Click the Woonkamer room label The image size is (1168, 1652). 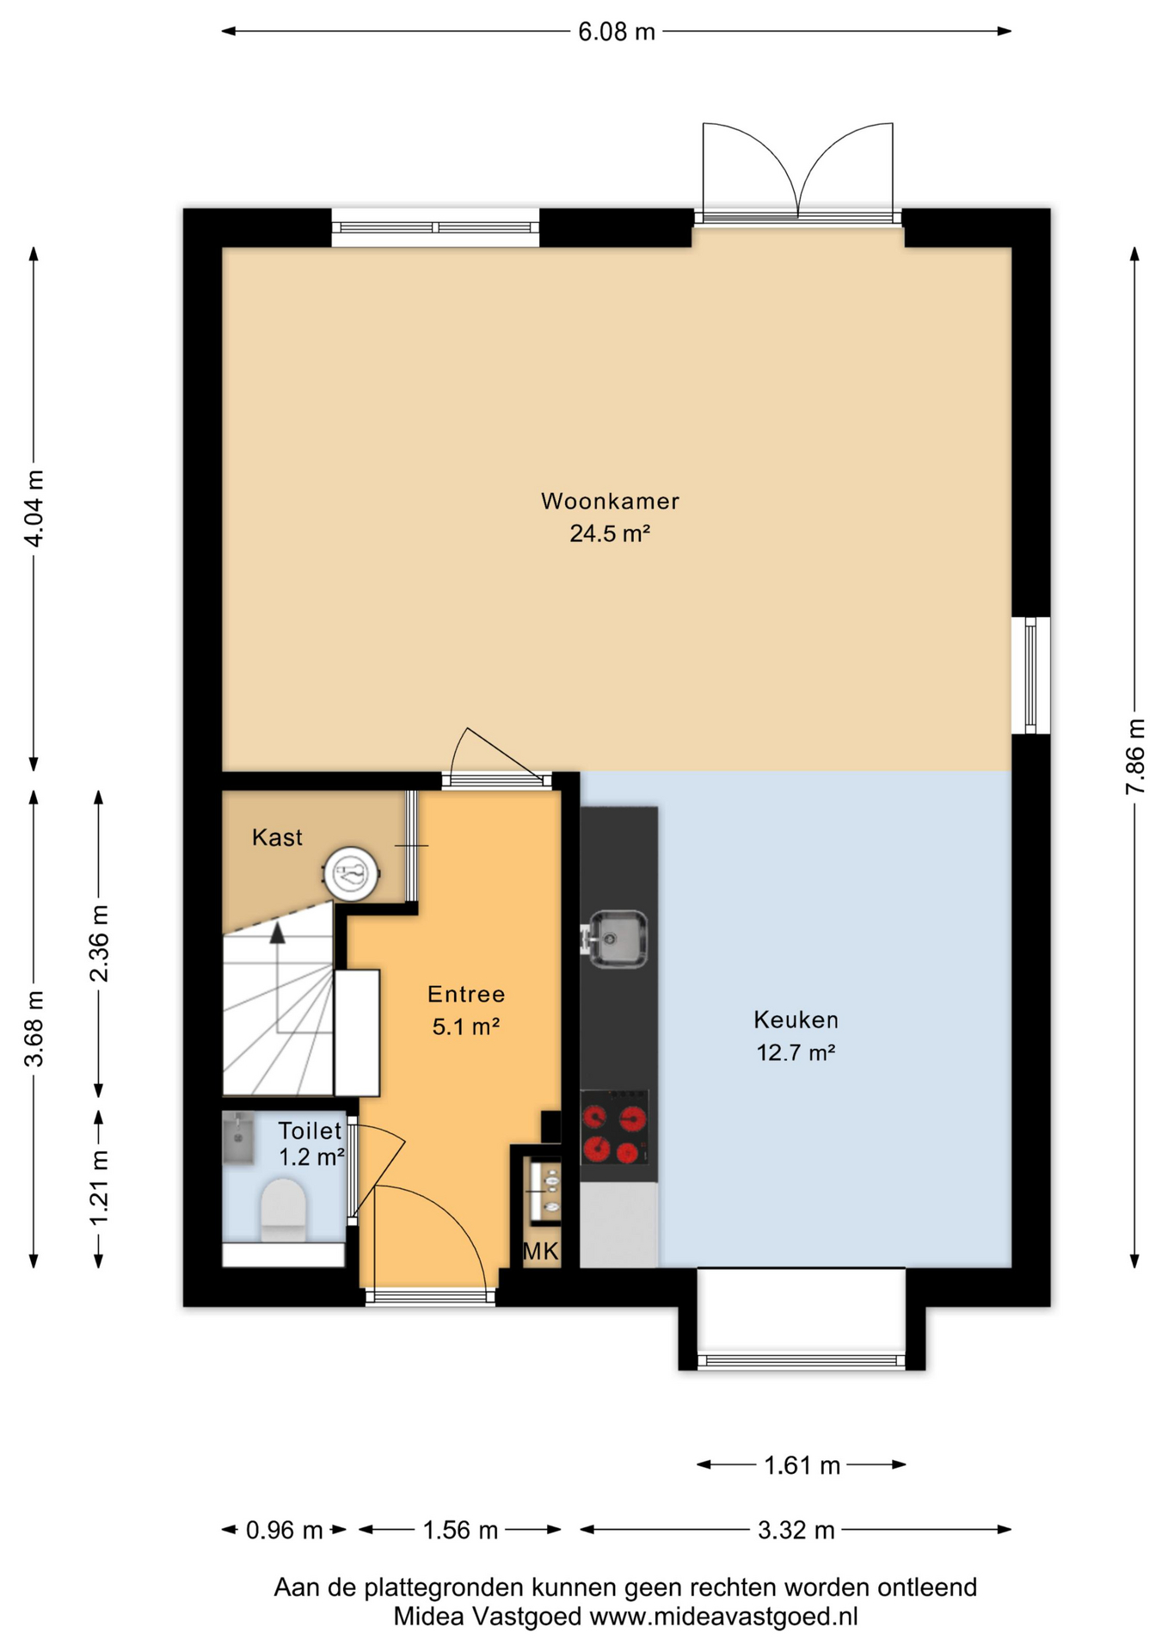(x=610, y=501)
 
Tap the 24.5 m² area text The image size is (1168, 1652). (x=610, y=533)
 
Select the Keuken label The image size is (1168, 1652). (x=796, y=1020)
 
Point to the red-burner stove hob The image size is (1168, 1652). (x=614, y=1127)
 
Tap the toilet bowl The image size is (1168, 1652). (x=283, y=1210)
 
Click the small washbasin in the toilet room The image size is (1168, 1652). (x=238, y=1138)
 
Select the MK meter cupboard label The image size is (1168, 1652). (x=541, y=1251)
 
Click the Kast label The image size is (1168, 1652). (x=277, y=837)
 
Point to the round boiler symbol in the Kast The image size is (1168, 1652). (x=352, y=873)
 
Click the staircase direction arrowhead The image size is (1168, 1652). (x=277, y=934)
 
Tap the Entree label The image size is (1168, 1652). (x=466, y=995)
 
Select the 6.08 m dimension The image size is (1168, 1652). (x=617, y=32)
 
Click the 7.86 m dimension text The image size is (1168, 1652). (x=1135, y=757)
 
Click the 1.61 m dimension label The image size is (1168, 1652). (x=802, y=1465)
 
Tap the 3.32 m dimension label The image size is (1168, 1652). (x=796, y=1531)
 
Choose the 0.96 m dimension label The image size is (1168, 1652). (x=284, y=1531)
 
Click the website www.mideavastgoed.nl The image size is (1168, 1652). (x=723, y=1617)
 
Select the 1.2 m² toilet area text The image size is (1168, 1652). (x=311, y=1157)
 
